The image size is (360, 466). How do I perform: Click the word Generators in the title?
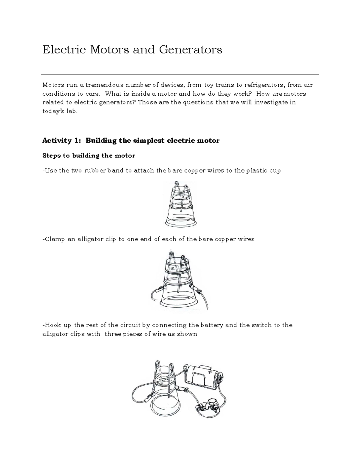tap(190, 50)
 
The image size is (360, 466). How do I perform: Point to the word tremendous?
tap(101, 85)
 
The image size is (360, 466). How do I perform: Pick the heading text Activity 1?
tap(62, 140)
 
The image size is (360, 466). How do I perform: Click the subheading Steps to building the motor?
tap(89, 156)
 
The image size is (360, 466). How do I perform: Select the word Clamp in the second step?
tap(55, 239)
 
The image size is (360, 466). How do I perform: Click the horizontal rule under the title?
tap(180, 74)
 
